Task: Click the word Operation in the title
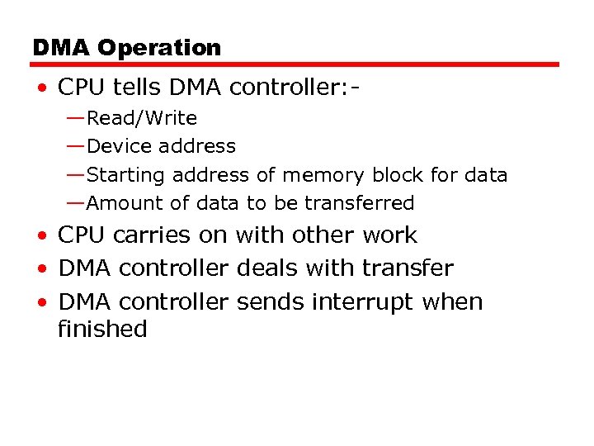(159, 48)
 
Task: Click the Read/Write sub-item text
(142, 119)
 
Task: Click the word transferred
(359, 203)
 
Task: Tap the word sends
(271, 302)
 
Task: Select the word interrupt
(362, 302)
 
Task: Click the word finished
(102, 330)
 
